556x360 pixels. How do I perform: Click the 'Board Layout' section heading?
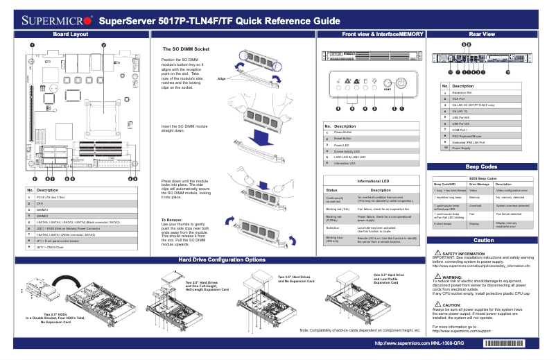click(70, 34)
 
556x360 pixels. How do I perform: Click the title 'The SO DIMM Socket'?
click(185, 50)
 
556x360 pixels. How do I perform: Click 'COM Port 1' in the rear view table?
click(462, 129)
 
